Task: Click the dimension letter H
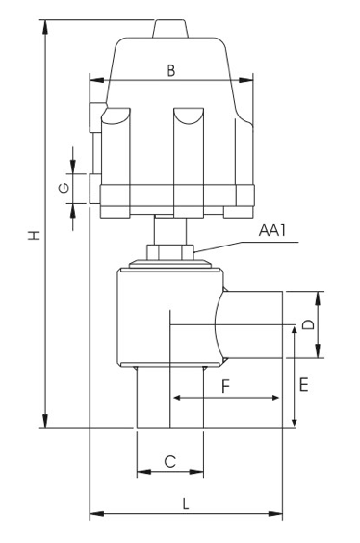pyautogui.click(x=35, y=236)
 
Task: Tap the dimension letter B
pyautogui.click(x=171, y=70)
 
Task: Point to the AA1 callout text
pyautogui.click(x=272, y=230)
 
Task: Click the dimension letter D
pyautogui.click(x=308, y=324)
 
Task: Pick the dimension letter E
pyautogui.click(x=303, y=384)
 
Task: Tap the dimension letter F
pyautogui.click(x=225, y=386)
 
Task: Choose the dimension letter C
pyautogui.click(x=170, y=461)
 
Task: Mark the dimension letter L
pyautogui.click(x=186, y=504)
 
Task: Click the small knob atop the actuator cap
pyautogui.click(x=170, y=29)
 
